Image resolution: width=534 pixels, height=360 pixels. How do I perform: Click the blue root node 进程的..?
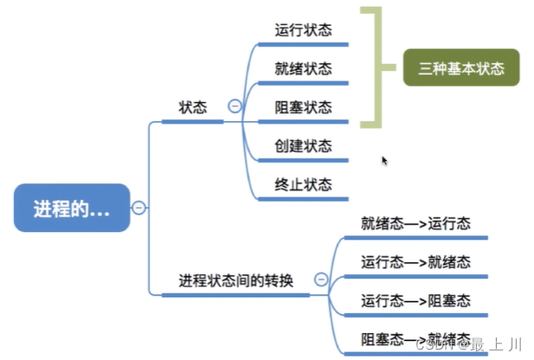click(x=72, y=208)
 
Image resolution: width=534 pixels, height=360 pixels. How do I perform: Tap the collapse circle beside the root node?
click(x=138, y=208)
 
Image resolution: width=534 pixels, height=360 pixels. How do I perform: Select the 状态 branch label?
click(x=192, y=107)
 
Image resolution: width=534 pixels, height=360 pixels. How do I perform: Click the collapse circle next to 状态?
click(x=234, y=106)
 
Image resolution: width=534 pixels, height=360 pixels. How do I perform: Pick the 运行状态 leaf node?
click(x=303, y=30)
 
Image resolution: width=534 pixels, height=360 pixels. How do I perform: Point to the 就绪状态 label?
click(x=303, y=68)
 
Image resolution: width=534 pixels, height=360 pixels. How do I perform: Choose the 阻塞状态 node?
click(x=303, y=107)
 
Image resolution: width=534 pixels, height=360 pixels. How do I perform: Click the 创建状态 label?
click(x=303, y=145)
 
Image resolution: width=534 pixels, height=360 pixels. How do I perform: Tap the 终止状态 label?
click(x=303, y=184)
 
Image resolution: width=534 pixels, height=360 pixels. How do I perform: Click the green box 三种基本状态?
click(x=460, y=68)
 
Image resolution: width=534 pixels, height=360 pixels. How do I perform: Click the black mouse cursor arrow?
click(x=385, y=160)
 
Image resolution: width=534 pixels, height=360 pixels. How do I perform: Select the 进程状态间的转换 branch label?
click(x=235, y=280)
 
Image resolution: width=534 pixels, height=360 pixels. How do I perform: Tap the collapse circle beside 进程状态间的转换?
click(x=321, y=280)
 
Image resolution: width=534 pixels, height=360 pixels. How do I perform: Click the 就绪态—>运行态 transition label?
click(x=415, y=223)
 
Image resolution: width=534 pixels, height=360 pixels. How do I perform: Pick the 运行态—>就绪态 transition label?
click(x=415, y=261)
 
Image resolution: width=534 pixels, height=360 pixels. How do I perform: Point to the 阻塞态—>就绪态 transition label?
click(x=415, y=337)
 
